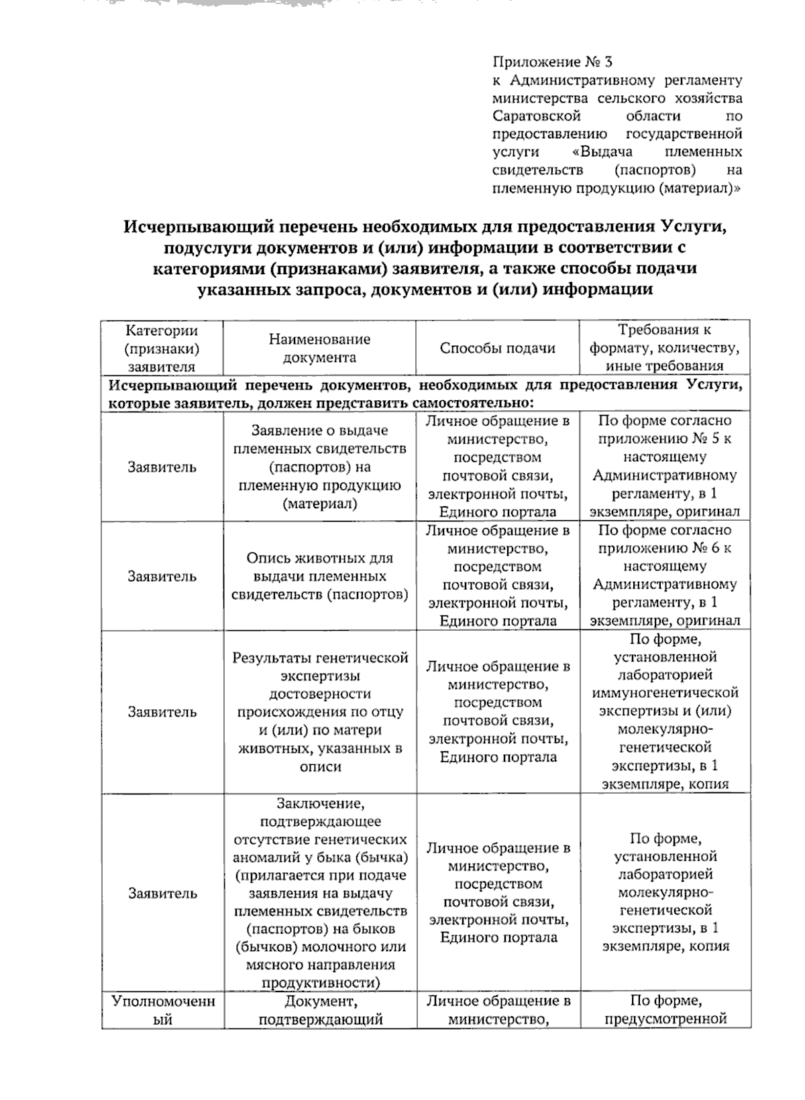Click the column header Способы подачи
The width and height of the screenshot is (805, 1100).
click(497, 348)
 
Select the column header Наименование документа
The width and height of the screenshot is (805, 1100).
click(319, 348)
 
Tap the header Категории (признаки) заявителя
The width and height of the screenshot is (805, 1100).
click(162, 348)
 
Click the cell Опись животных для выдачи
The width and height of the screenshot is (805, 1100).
click(319, 576)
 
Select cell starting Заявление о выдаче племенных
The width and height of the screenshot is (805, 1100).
click(319, 467)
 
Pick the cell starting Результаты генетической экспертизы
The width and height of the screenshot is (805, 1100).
click(319, 712)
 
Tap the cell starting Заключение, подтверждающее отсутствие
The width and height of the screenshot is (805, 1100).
click(319, 893)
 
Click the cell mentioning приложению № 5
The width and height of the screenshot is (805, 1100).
click(664, 467)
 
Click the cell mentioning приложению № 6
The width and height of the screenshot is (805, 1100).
click(664, 576)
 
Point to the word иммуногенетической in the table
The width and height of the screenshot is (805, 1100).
click(664, 692)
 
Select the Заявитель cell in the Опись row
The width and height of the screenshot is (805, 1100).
click(162, 576)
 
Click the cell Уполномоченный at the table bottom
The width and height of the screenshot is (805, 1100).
click(162, 1010)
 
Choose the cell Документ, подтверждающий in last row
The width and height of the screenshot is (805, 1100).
click(319, 1010)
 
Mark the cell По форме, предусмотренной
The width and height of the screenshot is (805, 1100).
click(664, 1010)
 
